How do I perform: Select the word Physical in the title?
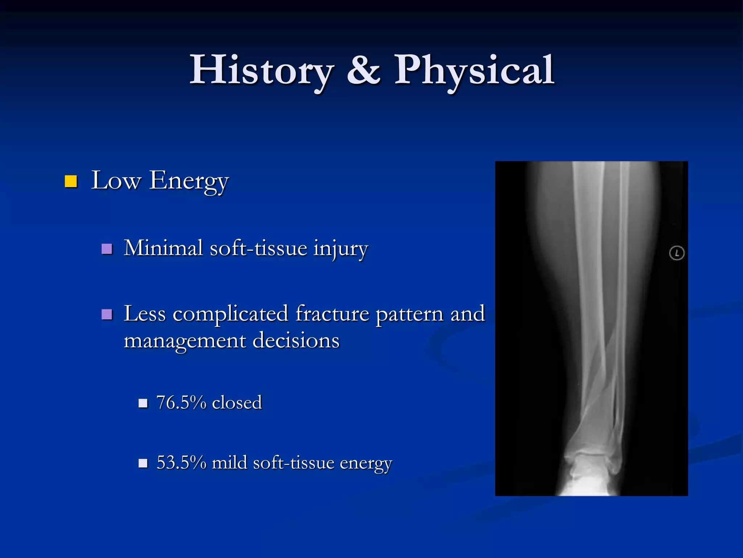(474, 70)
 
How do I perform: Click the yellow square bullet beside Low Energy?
(71, 181)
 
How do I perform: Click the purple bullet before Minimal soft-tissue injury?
(107, 249)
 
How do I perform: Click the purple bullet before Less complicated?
(107, 314)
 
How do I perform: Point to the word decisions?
(296, 341)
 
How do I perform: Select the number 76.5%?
(181, 403)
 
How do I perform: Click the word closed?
(237, 403)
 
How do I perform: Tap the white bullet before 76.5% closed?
(143, 403)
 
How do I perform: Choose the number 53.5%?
(181, 462)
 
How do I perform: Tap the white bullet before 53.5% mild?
(143, 463)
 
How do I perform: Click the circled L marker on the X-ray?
(677, 253)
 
